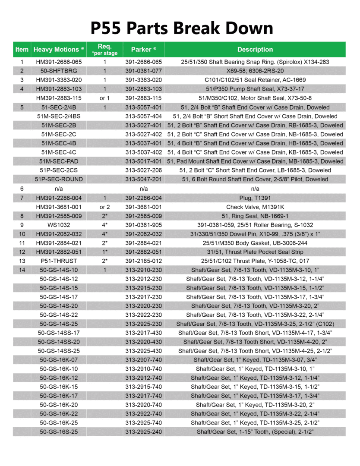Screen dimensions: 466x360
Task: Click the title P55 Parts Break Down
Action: click(182, 28)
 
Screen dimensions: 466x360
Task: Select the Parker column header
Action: click(144, 49)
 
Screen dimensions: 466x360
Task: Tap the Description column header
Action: click(255, 49)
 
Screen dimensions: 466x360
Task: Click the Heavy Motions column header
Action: click(59, 49)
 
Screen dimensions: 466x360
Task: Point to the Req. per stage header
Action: click(104, 49)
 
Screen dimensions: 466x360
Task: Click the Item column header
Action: click(22, 49)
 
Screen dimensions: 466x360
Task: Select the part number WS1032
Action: click(59, 225)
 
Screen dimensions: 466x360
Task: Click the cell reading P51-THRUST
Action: click(59, 261)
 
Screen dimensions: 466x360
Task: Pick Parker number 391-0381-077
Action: click(144, 71)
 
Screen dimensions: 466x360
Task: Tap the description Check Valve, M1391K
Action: click(255, 207)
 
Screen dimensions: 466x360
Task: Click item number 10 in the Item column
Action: click(22, 234)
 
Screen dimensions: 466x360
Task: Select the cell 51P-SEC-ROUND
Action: click(59, 179)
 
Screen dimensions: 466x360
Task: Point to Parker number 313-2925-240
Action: click(144, 431)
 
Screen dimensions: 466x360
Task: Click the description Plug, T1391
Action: click(255, 198)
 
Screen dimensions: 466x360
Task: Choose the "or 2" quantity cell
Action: click(104, 207)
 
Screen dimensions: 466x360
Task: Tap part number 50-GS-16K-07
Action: click(59, 359)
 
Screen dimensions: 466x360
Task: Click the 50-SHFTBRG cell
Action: click(59, 71)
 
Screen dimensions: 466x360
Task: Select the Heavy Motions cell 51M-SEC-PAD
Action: click(59, 161)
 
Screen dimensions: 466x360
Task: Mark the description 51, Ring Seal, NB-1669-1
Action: click(255, 216)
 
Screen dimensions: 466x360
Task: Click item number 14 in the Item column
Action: click(22, 270)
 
